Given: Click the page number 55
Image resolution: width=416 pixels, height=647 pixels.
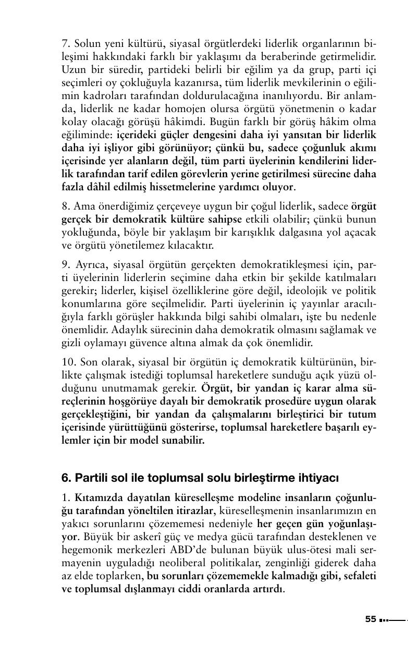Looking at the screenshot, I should point(370,619).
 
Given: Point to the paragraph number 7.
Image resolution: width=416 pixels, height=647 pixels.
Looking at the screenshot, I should point(65,42).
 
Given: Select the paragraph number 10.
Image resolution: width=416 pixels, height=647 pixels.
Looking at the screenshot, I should point(67,362).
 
